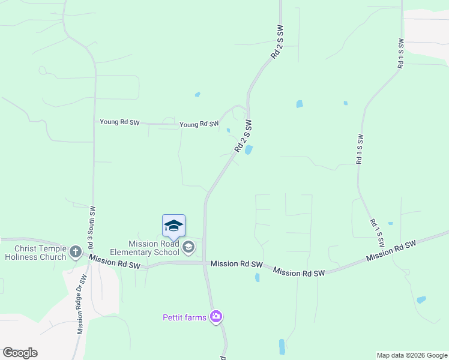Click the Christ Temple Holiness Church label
point(35,253)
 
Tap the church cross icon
point(76,252)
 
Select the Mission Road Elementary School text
point(145,248)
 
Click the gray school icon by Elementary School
point(188,247)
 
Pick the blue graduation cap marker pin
point(173,226)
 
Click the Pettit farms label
point(184,317)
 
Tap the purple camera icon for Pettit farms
point(216,317)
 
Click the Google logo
point(20,353)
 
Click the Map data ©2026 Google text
point(412,355)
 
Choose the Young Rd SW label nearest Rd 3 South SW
point(119,122)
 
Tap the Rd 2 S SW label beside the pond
point(243,136)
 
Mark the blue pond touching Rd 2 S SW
point(249,149)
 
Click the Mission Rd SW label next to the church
point(115,262)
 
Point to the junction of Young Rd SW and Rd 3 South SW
point(94,123)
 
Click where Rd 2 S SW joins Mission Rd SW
point(205,263)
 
